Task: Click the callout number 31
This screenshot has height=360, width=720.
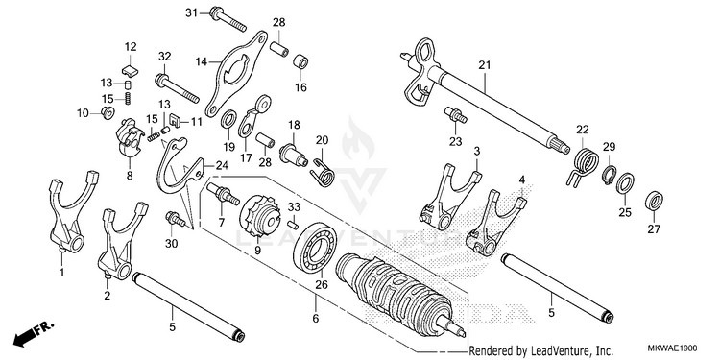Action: tap(191, 12)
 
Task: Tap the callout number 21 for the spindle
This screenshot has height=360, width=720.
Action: tap(485, 65)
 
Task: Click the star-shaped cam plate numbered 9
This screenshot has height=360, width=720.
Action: tap(258, 217)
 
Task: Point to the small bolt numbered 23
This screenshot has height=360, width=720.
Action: tap(455, 115)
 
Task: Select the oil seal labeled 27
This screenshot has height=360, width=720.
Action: tap(654, 202)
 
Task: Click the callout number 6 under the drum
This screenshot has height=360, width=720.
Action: tap(316, 318)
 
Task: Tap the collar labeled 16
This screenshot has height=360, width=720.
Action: tap(300, 62)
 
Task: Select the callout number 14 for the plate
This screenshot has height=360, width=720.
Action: tap(202, 61)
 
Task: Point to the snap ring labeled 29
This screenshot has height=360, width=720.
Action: tap(609, 176)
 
